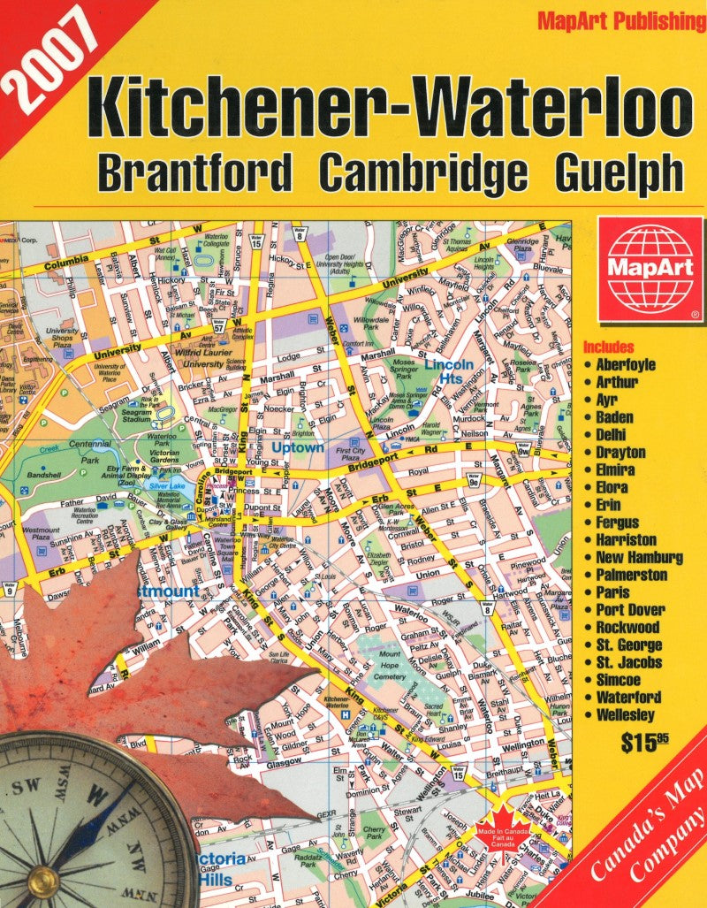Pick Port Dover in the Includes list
630,610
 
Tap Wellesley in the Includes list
625,714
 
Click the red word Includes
608,347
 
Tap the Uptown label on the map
297,448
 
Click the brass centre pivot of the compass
42,879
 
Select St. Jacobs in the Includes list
628,662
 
